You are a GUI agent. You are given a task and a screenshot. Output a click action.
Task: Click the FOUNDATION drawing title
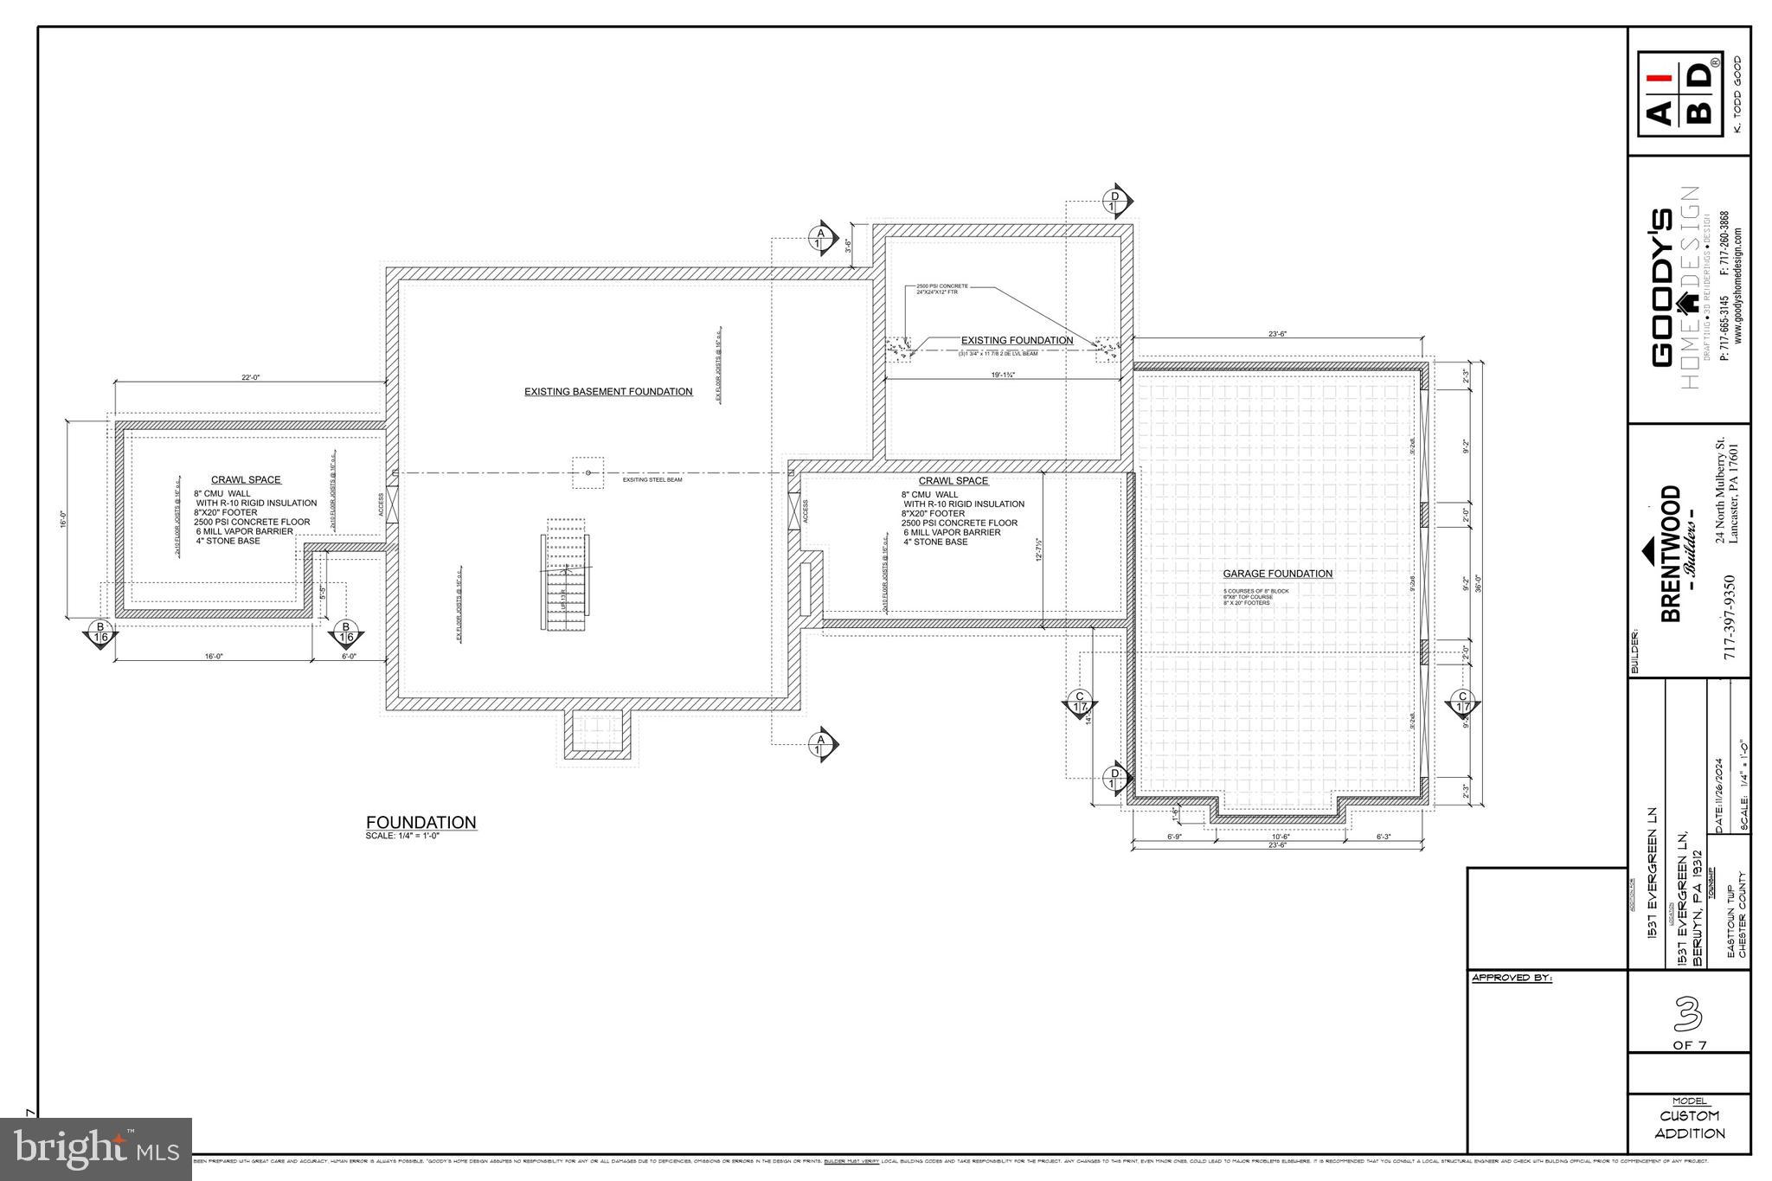click(x=421, y=823)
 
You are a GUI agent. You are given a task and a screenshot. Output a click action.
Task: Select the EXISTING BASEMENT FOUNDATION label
click(x=608, y=392)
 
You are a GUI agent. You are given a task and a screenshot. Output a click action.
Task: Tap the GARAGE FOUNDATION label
click(x=1277, y=574)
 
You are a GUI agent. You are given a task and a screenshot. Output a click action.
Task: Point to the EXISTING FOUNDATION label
click(x=1017, y=341)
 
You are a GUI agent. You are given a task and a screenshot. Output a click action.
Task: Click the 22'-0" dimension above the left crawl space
click(x=250, y=377)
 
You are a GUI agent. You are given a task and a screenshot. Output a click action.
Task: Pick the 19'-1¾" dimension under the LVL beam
click(x=1002, y=375)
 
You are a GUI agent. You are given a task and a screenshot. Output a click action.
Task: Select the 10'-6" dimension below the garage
click(x=1281, y=837)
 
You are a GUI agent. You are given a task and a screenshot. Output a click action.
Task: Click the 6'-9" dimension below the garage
click(x=1174, y=837)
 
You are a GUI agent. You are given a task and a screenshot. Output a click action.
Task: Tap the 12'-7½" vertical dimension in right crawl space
click(x=1038, y=549)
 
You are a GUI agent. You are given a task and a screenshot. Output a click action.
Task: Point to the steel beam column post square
click(x=588, y=472)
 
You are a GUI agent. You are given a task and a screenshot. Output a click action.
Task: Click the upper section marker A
click(x=820, y=237)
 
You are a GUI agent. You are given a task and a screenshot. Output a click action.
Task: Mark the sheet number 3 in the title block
click(x=1687, y=1015)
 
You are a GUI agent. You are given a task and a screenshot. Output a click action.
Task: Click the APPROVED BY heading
click(x=1512, y=979)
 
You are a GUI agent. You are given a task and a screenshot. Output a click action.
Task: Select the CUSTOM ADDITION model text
click(x=1689, y=1125)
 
